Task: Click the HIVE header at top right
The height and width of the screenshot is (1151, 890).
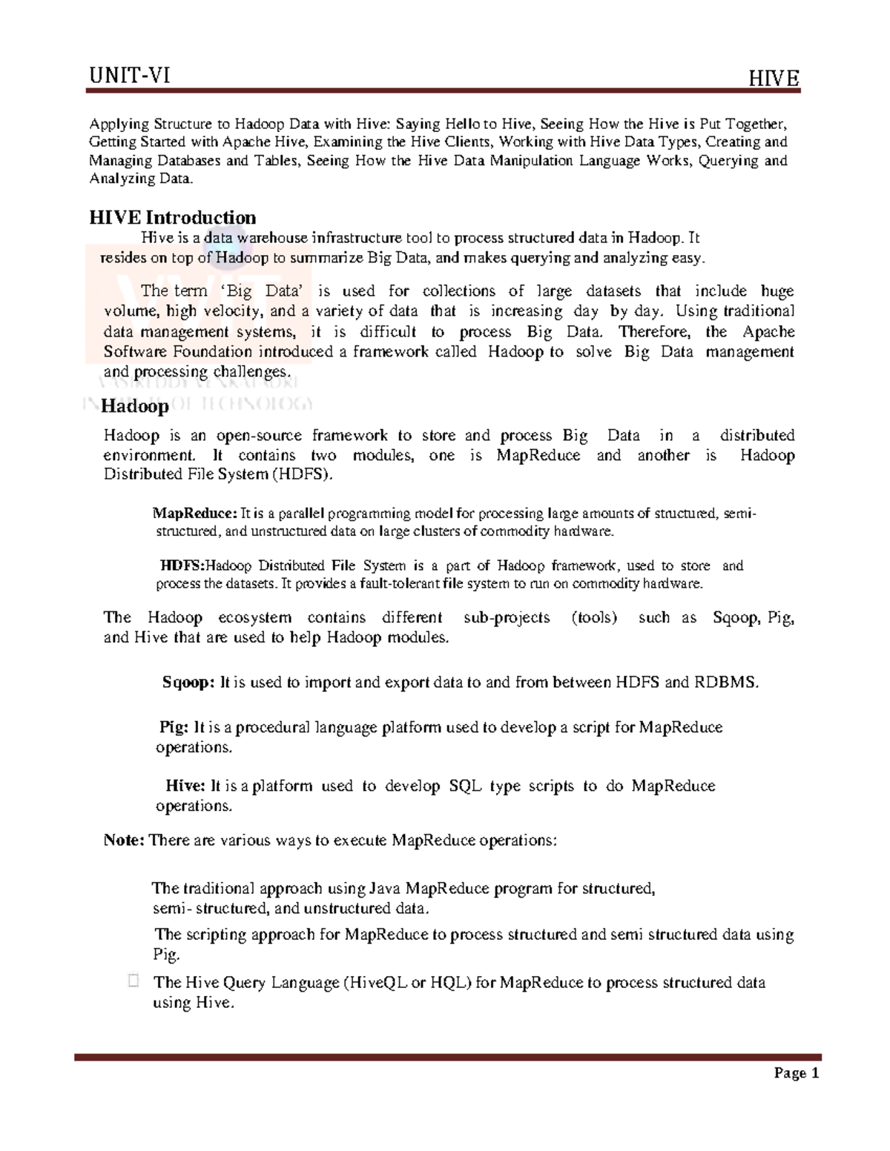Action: click(x=774, y=79)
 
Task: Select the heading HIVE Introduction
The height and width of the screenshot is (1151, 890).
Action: click(x=172, y=217)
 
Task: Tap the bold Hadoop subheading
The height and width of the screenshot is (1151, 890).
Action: click(x=135, y=406)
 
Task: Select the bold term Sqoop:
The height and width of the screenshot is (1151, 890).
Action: click(x=188, y=683)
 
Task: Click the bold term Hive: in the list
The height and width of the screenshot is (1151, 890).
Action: click(x=185, y=786)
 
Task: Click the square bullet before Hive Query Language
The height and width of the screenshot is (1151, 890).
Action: click(x=133, y=981)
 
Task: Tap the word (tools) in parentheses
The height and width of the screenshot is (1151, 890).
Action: click(x=594, y=617)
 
